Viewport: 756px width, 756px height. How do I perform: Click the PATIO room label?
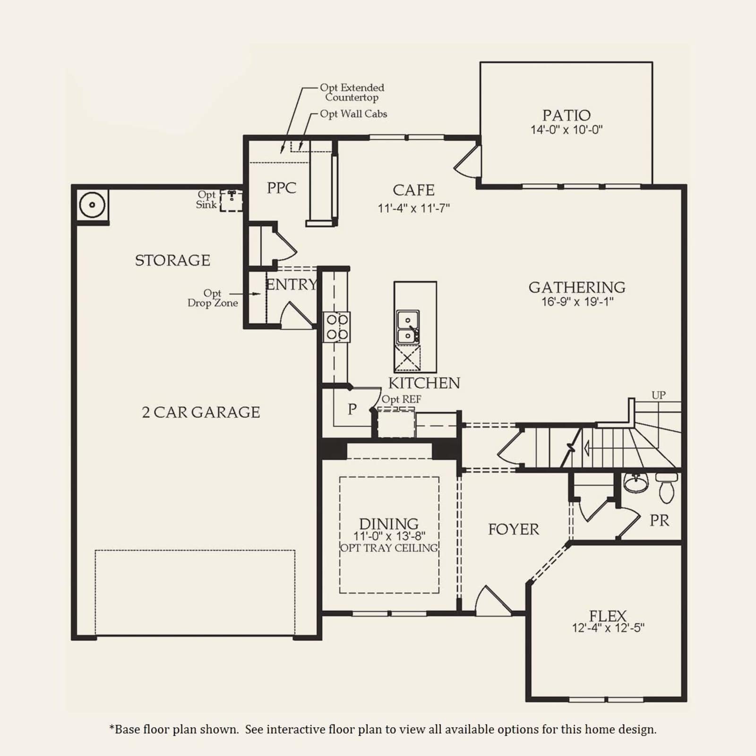point(566,115)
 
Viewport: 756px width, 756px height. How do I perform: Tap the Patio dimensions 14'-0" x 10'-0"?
point(566,130)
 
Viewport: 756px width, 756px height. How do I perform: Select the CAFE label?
point(413,190)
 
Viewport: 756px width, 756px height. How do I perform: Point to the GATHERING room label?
point(577,287)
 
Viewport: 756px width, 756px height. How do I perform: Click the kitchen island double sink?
point(407,326)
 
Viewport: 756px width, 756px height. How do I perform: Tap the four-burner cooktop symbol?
point(337,327)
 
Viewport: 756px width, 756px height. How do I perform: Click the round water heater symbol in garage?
point(92,205)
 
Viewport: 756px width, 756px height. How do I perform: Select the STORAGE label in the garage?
point(172,260)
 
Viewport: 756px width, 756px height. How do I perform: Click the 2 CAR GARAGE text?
point(201,412)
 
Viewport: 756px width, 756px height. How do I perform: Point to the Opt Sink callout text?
point(206,200)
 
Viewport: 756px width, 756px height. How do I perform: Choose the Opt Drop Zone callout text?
point(213,298)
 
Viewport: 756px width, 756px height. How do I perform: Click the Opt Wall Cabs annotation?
point(353,114)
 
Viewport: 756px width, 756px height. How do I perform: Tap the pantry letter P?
point(352,409)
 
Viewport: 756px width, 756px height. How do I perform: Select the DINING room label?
point(389,524)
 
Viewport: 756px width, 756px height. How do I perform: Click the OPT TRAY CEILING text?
point(389,548)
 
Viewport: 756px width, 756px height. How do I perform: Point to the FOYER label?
point(514,529)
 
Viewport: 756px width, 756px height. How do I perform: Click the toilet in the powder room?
point(666,488)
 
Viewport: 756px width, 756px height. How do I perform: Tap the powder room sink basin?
point(636,483)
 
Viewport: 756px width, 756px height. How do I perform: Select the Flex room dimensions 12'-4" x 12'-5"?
point(608,628)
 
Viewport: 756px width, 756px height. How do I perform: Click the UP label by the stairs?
point(659,395)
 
